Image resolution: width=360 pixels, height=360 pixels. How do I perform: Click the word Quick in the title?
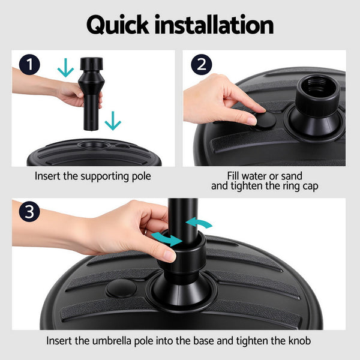118,25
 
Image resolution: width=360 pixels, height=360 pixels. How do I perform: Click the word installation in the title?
214,25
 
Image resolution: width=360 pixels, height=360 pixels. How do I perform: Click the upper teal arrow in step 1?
65,68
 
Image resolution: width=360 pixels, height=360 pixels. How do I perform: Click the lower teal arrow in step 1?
112,122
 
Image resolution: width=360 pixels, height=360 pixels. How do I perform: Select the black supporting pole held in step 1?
91,96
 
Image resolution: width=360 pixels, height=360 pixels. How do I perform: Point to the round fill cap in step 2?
262,121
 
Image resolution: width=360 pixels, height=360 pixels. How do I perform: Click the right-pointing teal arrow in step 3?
166,239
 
